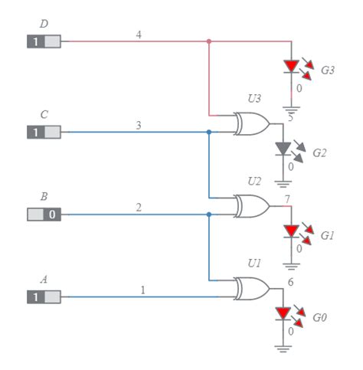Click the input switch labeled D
(44, 41)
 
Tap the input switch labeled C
(44, 133)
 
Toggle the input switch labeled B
(44, 214)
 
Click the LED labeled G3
(291, 67)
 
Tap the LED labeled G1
(291, 231)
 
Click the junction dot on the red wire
(209, 41)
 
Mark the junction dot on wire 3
(209, 132)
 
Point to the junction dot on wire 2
(209, 214)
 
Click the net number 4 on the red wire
(138, 34)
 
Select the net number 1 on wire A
(142, 290)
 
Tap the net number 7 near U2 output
(286, 200)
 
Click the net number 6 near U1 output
(290, 282)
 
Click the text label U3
(253, 98)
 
